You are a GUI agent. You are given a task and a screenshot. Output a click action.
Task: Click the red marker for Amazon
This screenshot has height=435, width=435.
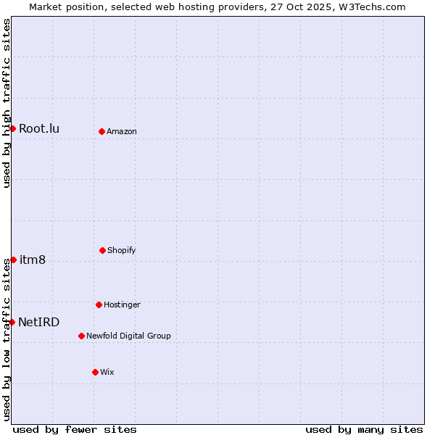click(102, 131)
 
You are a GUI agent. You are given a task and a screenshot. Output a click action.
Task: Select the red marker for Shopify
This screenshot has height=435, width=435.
click(102, 250)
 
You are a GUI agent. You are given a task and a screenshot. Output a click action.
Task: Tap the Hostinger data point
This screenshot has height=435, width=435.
click(99, 304)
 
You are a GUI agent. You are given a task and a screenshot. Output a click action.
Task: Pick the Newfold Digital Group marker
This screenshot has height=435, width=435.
click(81, 336)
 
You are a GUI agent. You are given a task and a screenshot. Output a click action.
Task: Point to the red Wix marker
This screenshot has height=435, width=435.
click(95, 372)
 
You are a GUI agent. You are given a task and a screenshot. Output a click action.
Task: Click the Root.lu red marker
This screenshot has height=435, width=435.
click(12, 128)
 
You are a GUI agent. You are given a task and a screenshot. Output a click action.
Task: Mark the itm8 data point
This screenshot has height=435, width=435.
click(13, 260)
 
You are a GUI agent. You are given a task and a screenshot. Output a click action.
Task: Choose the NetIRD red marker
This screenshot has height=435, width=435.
click(12, 322)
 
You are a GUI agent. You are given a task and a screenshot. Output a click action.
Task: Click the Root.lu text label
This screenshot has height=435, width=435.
click(39, 129)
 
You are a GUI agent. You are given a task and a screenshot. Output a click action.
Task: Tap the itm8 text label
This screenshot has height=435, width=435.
click(33, 260)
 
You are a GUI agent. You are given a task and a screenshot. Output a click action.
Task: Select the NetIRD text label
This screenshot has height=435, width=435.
click(39, 323)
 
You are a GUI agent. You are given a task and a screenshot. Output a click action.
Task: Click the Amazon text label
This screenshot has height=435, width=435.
click(122, 132)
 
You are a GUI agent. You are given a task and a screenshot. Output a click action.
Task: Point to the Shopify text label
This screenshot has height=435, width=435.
click(122, 251)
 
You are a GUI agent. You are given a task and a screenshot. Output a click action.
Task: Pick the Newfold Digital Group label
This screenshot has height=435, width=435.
click(129, 336)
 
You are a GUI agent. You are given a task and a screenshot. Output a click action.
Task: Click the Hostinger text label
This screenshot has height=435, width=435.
click(123, 305)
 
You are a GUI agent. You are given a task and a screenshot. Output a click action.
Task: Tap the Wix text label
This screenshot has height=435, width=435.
click(107, 373)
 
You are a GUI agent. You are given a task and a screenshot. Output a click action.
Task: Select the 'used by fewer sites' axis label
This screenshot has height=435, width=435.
click(75, 429)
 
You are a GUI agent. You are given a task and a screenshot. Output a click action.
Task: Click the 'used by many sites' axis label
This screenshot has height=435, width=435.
click(364, 429)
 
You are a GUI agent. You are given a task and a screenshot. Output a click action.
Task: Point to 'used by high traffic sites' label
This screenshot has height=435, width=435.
click(7, 103)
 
